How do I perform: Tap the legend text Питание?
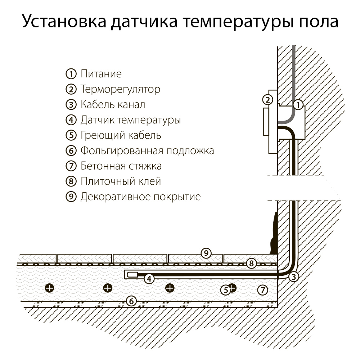(101, 74)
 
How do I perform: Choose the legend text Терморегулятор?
(120, 89)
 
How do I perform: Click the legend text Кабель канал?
(113, 105)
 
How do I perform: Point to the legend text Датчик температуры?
(131, 120)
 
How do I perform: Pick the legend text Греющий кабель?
(121, 135)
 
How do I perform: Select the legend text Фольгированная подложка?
(147, 150)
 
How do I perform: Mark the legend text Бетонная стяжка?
(121, 166)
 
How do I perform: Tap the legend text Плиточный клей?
(121, 181)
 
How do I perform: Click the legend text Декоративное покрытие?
(140, 197)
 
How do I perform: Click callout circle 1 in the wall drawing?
(298, 105)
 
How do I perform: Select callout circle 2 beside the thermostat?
(267, 100)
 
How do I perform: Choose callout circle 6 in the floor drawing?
(132, 301)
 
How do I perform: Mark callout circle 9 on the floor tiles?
(206, 253)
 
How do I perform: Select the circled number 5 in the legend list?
(71, 135)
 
